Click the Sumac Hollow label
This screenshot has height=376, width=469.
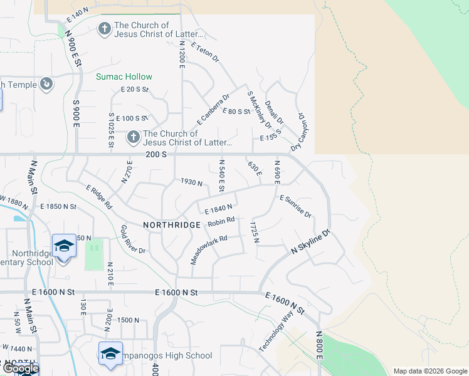coord(124,76)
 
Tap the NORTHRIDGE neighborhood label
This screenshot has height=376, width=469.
coord(171,224)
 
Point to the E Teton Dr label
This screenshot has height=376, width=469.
coord(206,53)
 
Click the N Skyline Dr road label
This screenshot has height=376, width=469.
coord(311,241)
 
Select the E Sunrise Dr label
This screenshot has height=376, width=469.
coord(295,206)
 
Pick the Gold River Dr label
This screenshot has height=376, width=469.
coord(133,241)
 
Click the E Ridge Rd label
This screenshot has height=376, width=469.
coord(99,197)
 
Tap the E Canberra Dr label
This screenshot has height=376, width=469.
coord(213,108)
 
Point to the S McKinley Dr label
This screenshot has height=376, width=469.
coord(258,110)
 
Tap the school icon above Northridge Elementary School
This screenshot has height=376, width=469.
coord(64,246)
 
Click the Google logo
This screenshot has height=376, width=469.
coord(20,368)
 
